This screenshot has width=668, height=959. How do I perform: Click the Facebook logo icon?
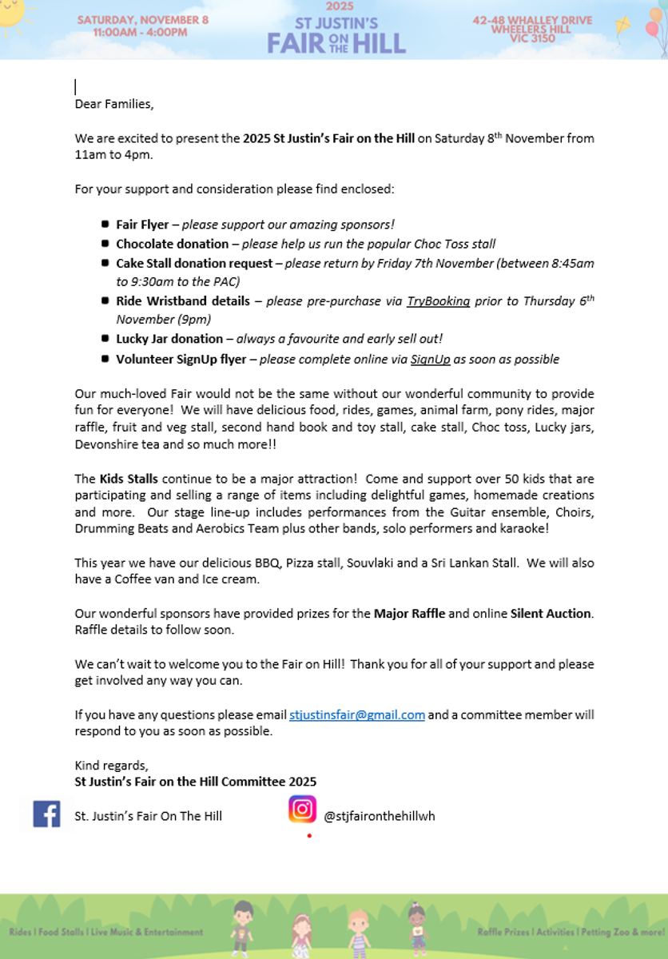(x=46, y=814)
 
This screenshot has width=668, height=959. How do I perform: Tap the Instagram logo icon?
(x=302, y=810)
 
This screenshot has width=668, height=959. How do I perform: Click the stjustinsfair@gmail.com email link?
(x=357, y=715)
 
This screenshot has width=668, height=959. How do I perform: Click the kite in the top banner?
(x=623, y=26)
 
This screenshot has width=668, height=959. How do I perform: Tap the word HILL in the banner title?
(x=374, y=42)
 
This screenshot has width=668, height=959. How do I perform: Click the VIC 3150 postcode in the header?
(x=532, y=38)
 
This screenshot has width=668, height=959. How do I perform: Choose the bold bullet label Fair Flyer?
(x=142, y=225)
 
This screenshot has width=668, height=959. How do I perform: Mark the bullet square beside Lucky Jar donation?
(x=106, y=339)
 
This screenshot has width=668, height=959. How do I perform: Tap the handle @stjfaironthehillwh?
(x=379, y=816)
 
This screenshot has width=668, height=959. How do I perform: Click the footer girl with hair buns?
(x=416, y=927)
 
